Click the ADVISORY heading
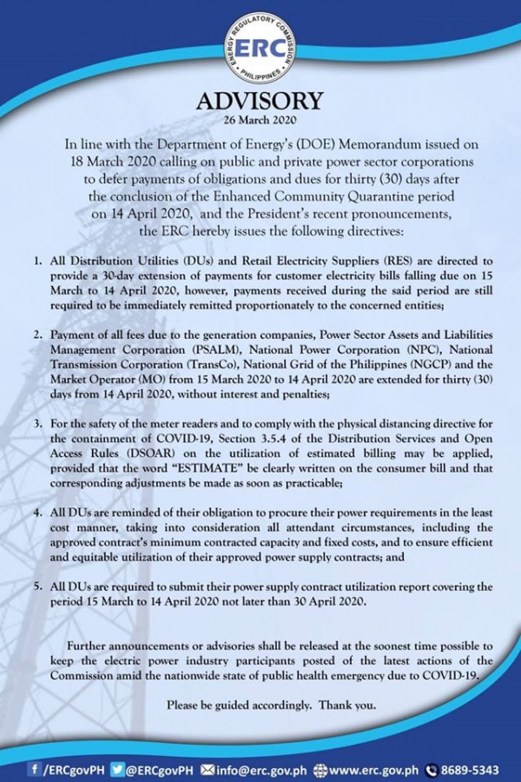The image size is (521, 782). (x=260, y=102)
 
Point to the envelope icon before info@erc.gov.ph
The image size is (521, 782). (x=207, y=768)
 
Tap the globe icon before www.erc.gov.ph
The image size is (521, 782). (x=320, y=768)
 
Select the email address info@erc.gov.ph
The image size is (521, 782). (x=260, y=768)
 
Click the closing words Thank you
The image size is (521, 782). (x=353, y=706)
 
